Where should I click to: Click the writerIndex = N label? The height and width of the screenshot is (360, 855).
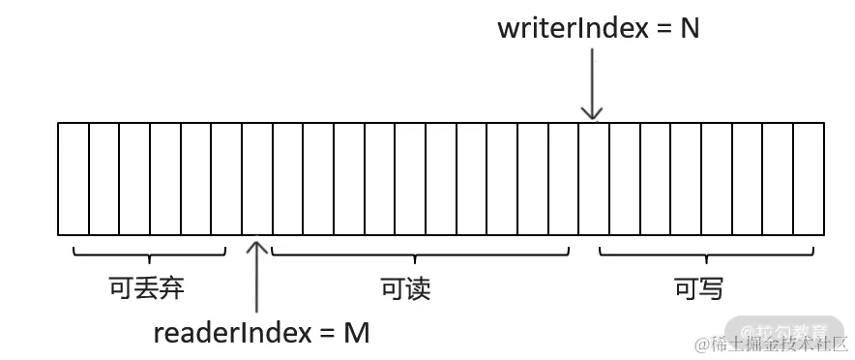(x=598, y=28)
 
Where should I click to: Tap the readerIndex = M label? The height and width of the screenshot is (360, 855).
(x=261, y=333)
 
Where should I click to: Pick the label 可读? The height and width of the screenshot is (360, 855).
(x=405, y=288)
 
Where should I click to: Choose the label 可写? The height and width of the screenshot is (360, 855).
(x=698, y=288)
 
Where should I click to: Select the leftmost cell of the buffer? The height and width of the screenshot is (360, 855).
(x=74, y=178)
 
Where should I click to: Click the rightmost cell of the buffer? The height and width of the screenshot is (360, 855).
(x=810, y=178)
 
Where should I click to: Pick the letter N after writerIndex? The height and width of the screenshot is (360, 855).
(x=689, y=28)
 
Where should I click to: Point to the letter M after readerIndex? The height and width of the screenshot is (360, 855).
(x=357, y=333)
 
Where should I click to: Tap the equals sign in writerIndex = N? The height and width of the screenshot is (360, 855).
(x=663, y=29)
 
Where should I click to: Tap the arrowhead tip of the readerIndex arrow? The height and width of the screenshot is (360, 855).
(x=257, y=242)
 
